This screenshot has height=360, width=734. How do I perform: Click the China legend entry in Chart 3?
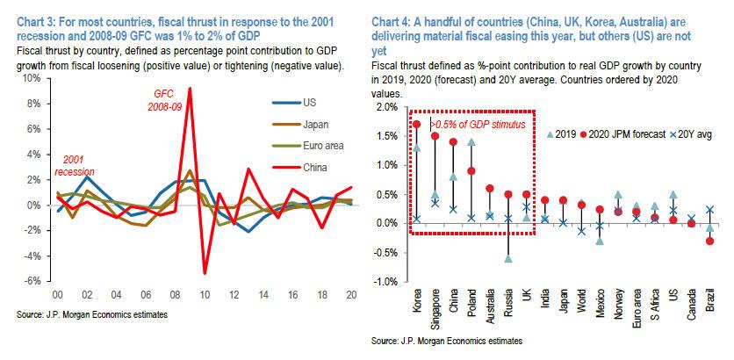tap(303, 167)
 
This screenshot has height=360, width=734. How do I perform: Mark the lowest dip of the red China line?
tap(204, 273)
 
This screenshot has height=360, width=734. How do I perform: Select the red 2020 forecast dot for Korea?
tap(415, 125)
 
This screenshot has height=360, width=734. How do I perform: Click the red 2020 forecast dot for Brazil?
tap(709, 241)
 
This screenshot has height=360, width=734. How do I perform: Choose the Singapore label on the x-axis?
tap(436, 311)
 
